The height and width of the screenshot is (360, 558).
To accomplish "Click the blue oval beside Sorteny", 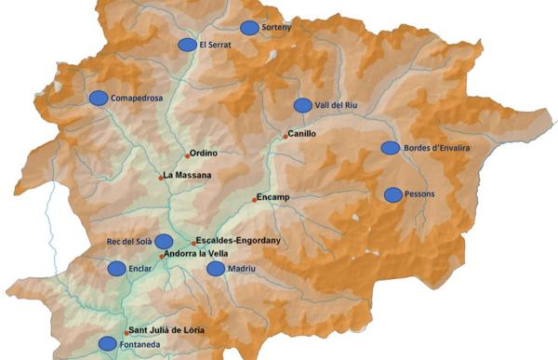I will coord(249,28).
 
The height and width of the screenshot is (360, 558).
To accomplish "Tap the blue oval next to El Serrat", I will coord(187,45).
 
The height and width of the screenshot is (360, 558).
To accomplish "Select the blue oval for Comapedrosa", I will coord(98,98).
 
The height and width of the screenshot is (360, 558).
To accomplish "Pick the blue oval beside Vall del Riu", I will coord(302,105).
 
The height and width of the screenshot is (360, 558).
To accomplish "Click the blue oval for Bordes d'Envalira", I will coord(391,148).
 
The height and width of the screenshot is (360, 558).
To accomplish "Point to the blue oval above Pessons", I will coord(393,194).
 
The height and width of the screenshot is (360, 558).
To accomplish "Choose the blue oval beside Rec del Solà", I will coord(164,242).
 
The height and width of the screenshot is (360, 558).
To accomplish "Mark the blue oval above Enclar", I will coord(116,268).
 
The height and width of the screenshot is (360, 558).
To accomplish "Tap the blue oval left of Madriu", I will coord(216,269).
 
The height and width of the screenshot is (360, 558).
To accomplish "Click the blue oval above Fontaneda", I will coord(108,343).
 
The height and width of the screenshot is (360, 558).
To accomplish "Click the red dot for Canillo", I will coord(286,137).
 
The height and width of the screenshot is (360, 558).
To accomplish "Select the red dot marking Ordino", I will coord(186,156).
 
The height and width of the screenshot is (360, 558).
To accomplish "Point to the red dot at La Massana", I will coord(161,177).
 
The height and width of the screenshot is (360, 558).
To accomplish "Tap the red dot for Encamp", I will coord(255,200).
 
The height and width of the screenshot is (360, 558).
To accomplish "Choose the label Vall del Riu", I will coord(337,105).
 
